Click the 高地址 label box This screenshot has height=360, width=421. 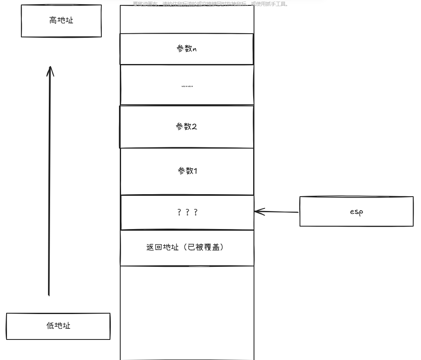click(x=61, y=21)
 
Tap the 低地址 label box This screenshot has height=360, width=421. click(x=58, y=326)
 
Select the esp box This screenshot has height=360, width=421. click(x=356, y=211)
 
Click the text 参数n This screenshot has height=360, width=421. click(x=187, y=49)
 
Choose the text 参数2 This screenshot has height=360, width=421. click(x=187, y=126)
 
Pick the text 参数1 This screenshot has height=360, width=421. click(x=187, y=171)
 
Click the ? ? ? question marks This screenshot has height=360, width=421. click(x=187, y=212)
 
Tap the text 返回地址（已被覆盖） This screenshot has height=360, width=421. click(x=187, y=248)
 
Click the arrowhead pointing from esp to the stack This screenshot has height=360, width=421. click(x=257, y=212)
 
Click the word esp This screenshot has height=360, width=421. click(x=356, y=212)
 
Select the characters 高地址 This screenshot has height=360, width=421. click(x=61, y=20)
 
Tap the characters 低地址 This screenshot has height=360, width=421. click(x=58, y=326)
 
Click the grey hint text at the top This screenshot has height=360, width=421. click(x=210, y=4)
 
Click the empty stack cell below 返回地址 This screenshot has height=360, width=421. click(x=187, y=312)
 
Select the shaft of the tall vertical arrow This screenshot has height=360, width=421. click(x=49, y=185)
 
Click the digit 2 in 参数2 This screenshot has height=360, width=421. click(x=194, y=126)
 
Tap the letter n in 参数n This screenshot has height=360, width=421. click(x=194, y=49)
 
